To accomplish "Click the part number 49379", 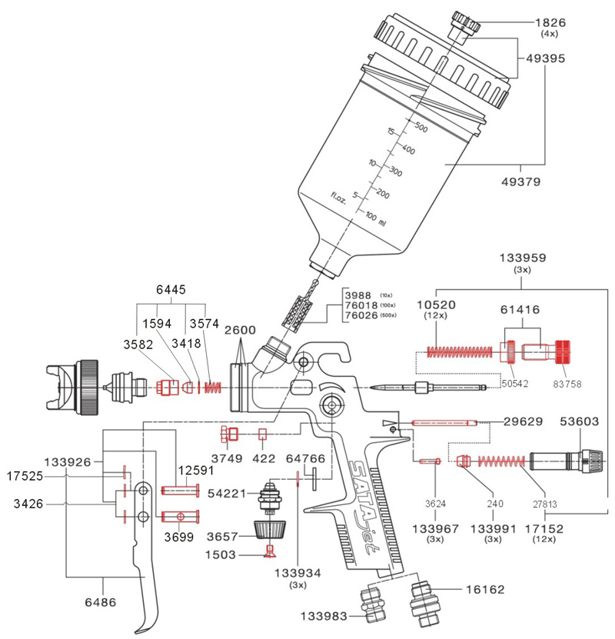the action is click(520, 181).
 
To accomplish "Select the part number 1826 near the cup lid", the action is click(550, 22).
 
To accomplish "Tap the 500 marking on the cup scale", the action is click(421, 128).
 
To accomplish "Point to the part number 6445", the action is click(171, 290).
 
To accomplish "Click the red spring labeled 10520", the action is click(460, 351).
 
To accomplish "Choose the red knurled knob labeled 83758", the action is click(563, 351).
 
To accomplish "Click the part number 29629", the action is click(523, 421).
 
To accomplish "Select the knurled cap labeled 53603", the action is click(591, 461).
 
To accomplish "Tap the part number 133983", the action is click(324, 616).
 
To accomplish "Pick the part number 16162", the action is click(485, 589).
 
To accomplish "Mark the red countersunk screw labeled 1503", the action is click(269, 551).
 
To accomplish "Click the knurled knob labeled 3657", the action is click(269, 531).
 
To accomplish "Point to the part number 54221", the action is click(227, 494).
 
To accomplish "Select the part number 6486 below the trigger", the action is click(101, 602).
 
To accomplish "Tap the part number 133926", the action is click(68, 462).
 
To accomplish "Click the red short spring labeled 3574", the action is click(213, 387).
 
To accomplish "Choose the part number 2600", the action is click(240, 330).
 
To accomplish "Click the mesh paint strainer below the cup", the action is click(298, 311).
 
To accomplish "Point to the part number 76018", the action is click(361, 305).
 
